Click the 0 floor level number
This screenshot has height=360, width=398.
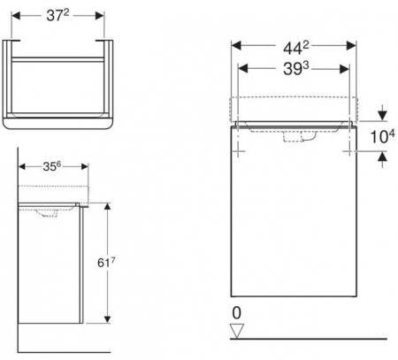pyautogui.click(x=235, y=311)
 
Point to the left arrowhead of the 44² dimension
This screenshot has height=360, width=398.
pyautogui.click(x=234, y=44)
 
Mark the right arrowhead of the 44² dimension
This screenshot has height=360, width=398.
pyautogui.click(x=356, y=44)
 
